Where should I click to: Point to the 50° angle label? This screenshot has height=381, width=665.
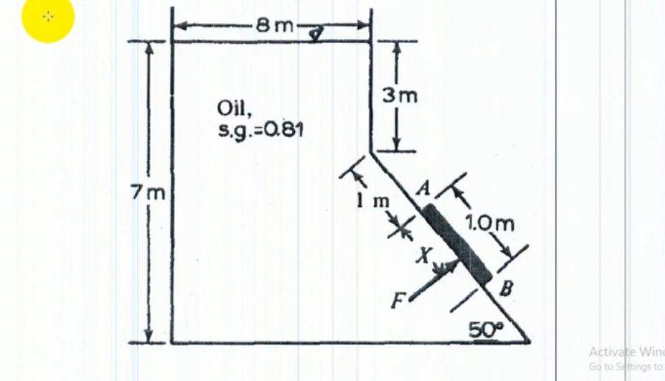pyautogui.click(x=483, y=329)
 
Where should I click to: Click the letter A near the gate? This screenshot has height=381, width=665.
pyautogui.click(x=424, y=188)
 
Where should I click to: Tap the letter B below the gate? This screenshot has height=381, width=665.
pyautogui.click(x=506, y=289)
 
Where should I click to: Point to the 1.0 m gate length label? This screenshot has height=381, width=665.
pyautogui.click(x=490, y=224)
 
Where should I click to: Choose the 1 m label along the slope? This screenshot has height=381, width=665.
pyautogui.click(x=372, y=200)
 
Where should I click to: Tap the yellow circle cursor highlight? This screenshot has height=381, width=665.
pyautogui.click(x=48, y=16)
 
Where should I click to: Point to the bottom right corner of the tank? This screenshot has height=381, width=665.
pyautogui.click(x=529, y=343)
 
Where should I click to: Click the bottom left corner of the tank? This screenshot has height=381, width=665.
pyautogui.click(x=172, y=343)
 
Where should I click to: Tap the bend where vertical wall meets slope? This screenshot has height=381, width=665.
pyautogui.click(x=371, y=150)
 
